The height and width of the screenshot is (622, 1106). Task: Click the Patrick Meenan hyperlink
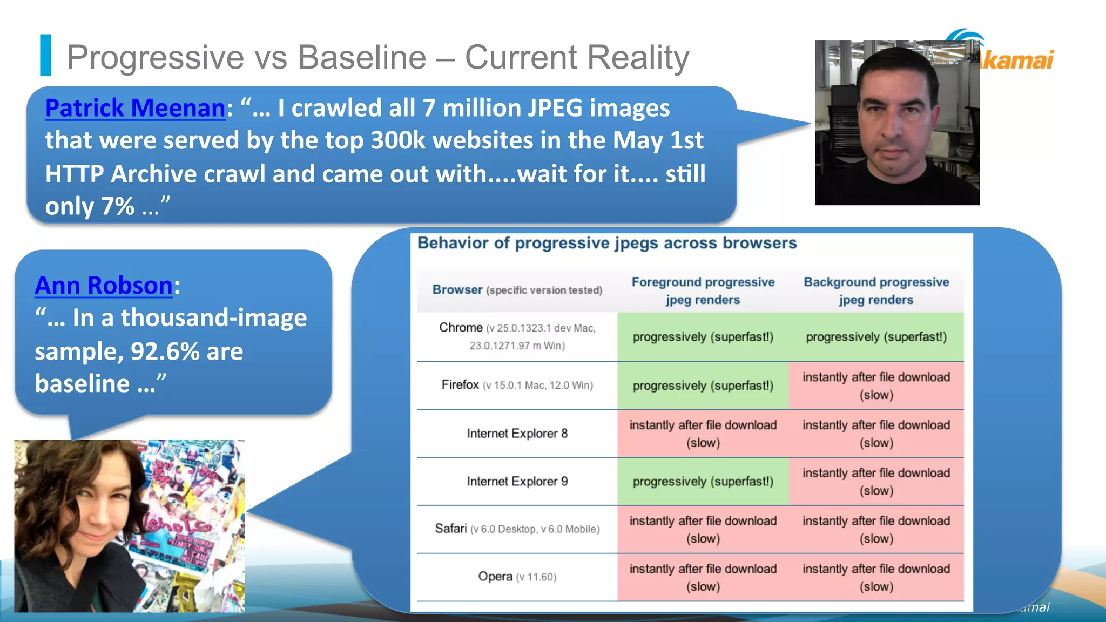(x=135, y=108)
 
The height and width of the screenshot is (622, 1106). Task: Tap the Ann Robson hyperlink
(x=104, y=286)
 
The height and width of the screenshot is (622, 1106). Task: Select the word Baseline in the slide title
(x=362, y=57)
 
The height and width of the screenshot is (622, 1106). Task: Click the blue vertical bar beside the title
(x=46, y=55)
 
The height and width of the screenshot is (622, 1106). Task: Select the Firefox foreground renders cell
(x=703, y=386)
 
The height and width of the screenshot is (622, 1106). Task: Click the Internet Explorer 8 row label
(x=517, y=434)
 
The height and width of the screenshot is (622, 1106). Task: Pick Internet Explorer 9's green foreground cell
(x=703, y=482)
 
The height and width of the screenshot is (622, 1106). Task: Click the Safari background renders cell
(x=876, y=529)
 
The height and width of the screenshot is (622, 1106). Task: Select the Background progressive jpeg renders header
(x=876, y=290)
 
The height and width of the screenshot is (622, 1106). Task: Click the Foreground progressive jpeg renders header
(x=703, y=290)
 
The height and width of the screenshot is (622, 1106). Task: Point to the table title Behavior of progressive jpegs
(x=607, y=244)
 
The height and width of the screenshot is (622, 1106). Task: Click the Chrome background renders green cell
(x=876, y=337)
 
